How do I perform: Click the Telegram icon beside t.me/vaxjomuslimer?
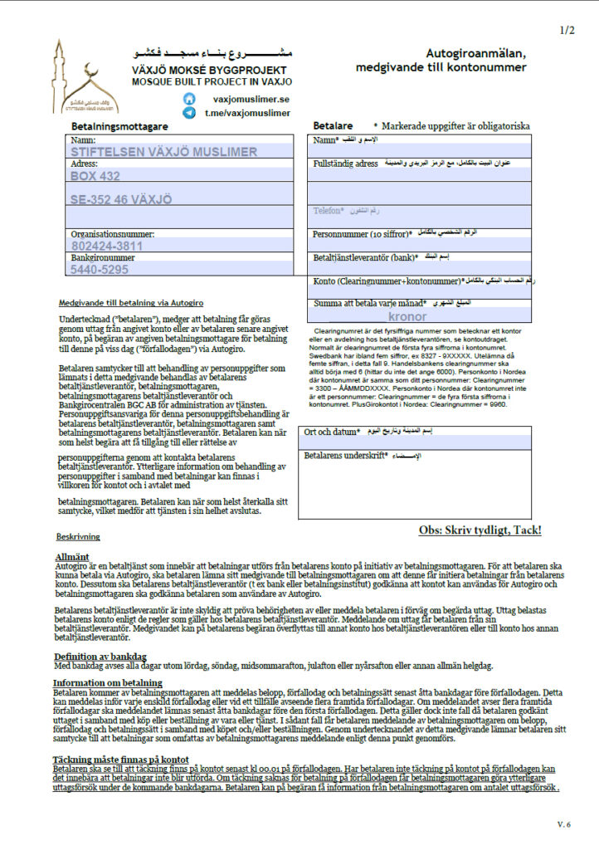click(x=189, y=113)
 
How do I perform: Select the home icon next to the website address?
click(x=189, y=99)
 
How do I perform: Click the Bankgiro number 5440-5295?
click(x=99, y=269)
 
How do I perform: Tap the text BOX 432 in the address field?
click(x=95, y=176)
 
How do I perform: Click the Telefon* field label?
click(x=329, y=211)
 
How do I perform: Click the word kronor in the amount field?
click(x=406, y=316)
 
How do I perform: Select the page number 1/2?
click(x=567, y=31)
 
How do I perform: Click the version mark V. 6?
click(x=564, y=823)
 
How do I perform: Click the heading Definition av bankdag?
click(x=106, y=657)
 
